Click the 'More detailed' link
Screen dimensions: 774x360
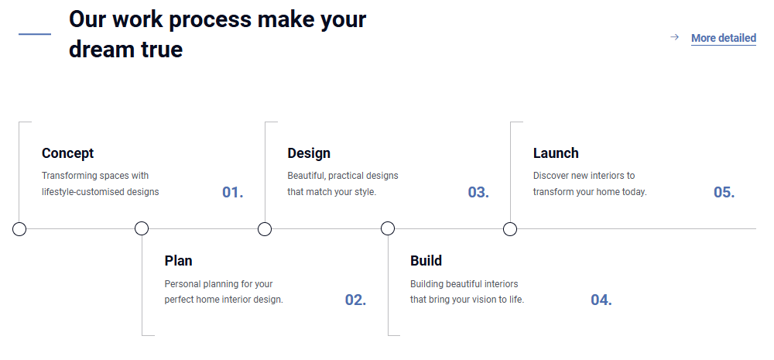coord(723,38)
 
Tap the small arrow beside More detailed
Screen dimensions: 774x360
coord(674,37)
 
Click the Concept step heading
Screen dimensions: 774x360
coord(67,153)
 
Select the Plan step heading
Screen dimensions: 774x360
coord(178,260)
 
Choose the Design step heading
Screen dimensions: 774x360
coord(309,153)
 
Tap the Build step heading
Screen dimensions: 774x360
coord(426,260)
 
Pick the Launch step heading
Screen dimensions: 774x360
coord(556,153)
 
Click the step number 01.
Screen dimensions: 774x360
coord(233,192)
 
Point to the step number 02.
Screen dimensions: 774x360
coord(355,300)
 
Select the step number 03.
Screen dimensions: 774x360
coord(478,192)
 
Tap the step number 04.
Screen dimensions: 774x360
coord(601,300)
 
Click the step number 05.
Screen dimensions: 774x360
coord(724,192)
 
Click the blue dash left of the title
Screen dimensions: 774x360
coord(35,34)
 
